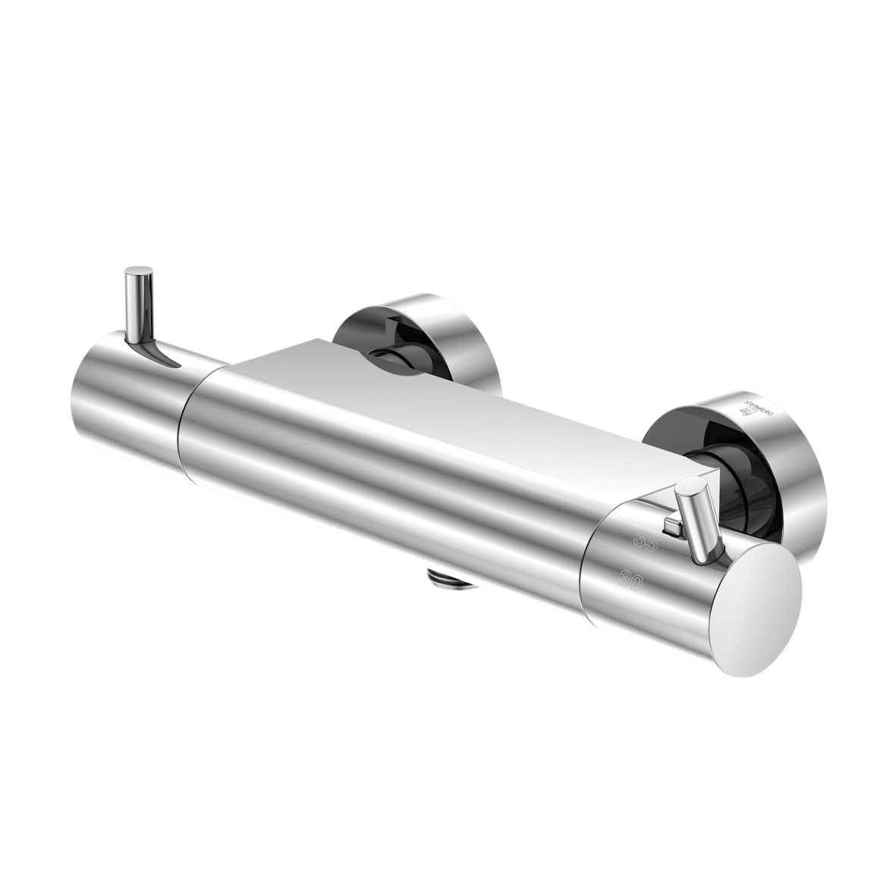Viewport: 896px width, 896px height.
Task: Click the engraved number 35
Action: click(x=647, y=541)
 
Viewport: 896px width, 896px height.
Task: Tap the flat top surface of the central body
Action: click(x=455, y=402)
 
